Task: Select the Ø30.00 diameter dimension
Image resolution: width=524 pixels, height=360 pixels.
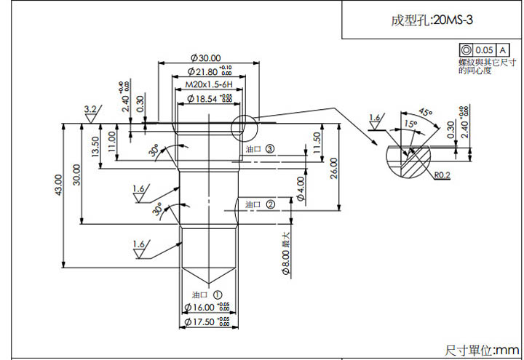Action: pos(205,57)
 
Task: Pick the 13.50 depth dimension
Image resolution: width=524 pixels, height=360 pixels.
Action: pos(95,147)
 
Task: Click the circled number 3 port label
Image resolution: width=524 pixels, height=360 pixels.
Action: pos(269,148)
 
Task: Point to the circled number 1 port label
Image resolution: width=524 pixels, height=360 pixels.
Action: pos(217,295)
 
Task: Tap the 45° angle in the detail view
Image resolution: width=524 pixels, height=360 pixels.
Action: pos(426,113)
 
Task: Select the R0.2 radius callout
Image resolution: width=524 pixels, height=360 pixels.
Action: pos(442,175)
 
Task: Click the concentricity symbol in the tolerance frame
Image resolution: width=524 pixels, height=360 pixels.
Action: pos(466,50)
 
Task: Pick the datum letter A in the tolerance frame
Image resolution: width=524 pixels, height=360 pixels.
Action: pos(503,50)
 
